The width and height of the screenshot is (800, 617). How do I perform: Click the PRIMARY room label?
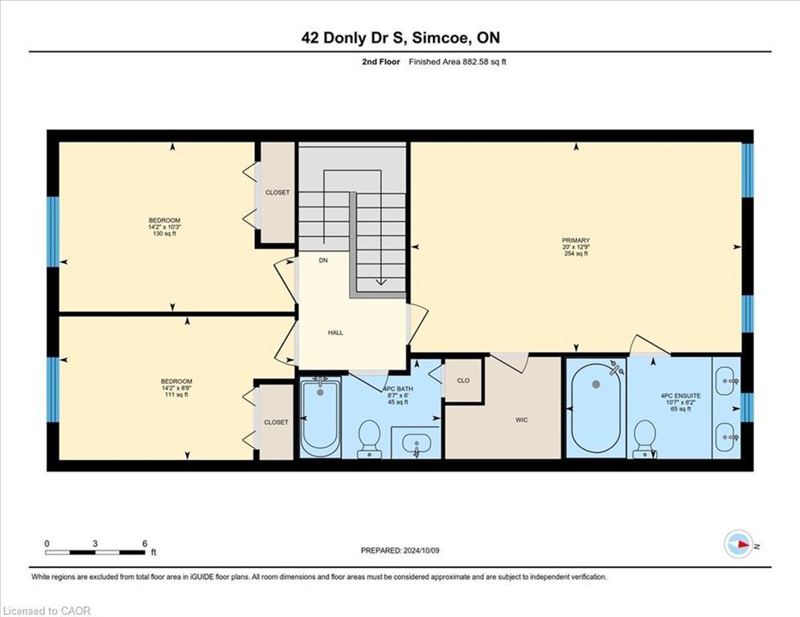coord(576,240)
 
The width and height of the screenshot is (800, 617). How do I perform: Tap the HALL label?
coord(335,333)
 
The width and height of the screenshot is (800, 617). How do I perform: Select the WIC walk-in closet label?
coord(522,420)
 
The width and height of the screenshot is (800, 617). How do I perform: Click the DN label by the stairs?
coord(323,260)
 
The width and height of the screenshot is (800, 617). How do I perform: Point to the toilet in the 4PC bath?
coord(369,439)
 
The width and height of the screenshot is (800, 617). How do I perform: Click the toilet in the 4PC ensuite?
coord(645,439)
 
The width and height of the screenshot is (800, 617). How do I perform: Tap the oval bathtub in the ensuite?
coord(596,408)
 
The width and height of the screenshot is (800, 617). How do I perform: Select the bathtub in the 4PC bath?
coord(321,418)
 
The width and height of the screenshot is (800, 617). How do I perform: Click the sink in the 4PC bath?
coord(416,443)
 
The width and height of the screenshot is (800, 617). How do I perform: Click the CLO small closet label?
coord(463,380)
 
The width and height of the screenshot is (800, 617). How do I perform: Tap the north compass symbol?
coord(739,545)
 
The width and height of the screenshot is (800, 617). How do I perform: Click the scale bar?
coord(96,552)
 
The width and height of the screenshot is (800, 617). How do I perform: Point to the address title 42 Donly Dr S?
coord(354,38)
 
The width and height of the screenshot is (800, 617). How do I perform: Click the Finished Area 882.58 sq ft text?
coord(457,62)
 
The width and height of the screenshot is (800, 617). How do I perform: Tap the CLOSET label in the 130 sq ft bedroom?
coord(277,193)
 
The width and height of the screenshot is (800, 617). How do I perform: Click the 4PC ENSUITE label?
coord(681,396)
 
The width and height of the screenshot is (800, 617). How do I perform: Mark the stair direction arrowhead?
coord(380,282)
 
